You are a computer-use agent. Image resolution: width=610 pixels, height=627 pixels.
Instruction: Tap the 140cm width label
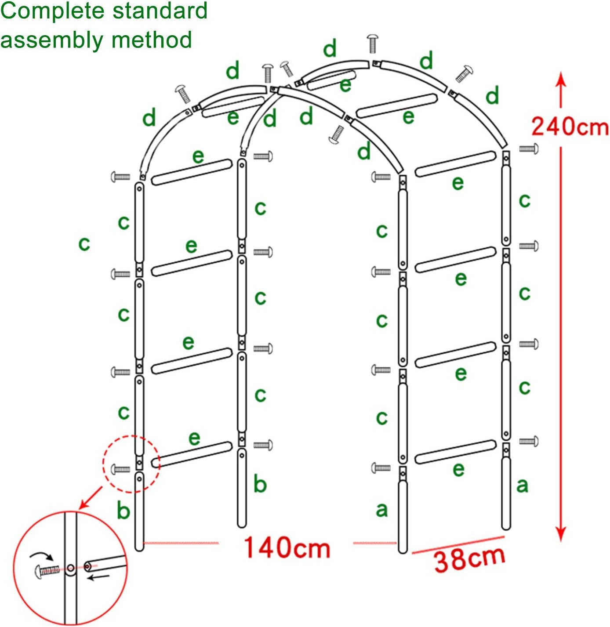point(287,547)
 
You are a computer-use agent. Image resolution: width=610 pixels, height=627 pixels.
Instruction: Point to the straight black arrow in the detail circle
point(99,577)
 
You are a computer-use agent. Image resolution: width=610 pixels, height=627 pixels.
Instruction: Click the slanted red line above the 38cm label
point(458,544)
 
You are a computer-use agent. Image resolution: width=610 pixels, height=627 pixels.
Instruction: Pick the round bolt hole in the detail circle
point(71,568)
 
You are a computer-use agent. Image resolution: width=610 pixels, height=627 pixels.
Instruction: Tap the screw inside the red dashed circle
point(120,469)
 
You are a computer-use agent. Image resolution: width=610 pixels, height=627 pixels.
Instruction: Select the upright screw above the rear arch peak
point(373,43)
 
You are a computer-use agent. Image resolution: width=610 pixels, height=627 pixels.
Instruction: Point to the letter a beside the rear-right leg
point(523,485)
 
